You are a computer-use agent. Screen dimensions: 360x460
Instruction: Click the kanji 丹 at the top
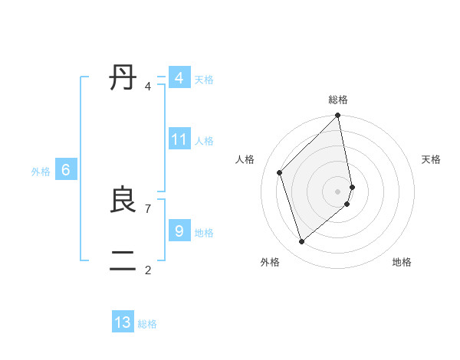tap(123, 78)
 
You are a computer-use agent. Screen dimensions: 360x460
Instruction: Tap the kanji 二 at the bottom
tap(123, 260)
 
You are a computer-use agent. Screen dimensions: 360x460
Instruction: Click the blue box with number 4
tap(179, 78)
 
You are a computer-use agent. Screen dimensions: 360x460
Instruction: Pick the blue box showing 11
tap(179, 139)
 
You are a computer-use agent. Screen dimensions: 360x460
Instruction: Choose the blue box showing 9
tap(179, 230)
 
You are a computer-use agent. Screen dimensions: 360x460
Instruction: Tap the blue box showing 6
tap(66, 170)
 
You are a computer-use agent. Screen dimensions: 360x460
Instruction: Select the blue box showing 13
tap(123, 322)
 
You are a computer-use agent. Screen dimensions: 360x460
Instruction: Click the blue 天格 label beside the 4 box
tap(204, 80)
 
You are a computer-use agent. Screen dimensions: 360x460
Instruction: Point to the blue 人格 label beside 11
tap(204, 141)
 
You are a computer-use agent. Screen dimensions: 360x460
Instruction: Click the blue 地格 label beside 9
tap(204, 232)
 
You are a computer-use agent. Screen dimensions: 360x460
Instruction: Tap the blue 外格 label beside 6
tap(41, 172)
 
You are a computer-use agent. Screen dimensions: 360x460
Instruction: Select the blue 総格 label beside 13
tap(147, 324)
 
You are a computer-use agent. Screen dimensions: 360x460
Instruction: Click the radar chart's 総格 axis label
tap(338, 100)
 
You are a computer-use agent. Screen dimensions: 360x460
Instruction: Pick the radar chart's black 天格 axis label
tap(431, 159)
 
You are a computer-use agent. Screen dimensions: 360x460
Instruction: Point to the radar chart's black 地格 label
tap(402, 262)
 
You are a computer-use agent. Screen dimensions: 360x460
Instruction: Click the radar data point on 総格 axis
tap(338, 116)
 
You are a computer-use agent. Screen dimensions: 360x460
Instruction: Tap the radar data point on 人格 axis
tap(280, 172)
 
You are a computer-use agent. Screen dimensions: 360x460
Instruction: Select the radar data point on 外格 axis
tap(302, 242)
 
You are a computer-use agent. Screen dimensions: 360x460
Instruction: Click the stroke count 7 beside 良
tap(147, 208)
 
